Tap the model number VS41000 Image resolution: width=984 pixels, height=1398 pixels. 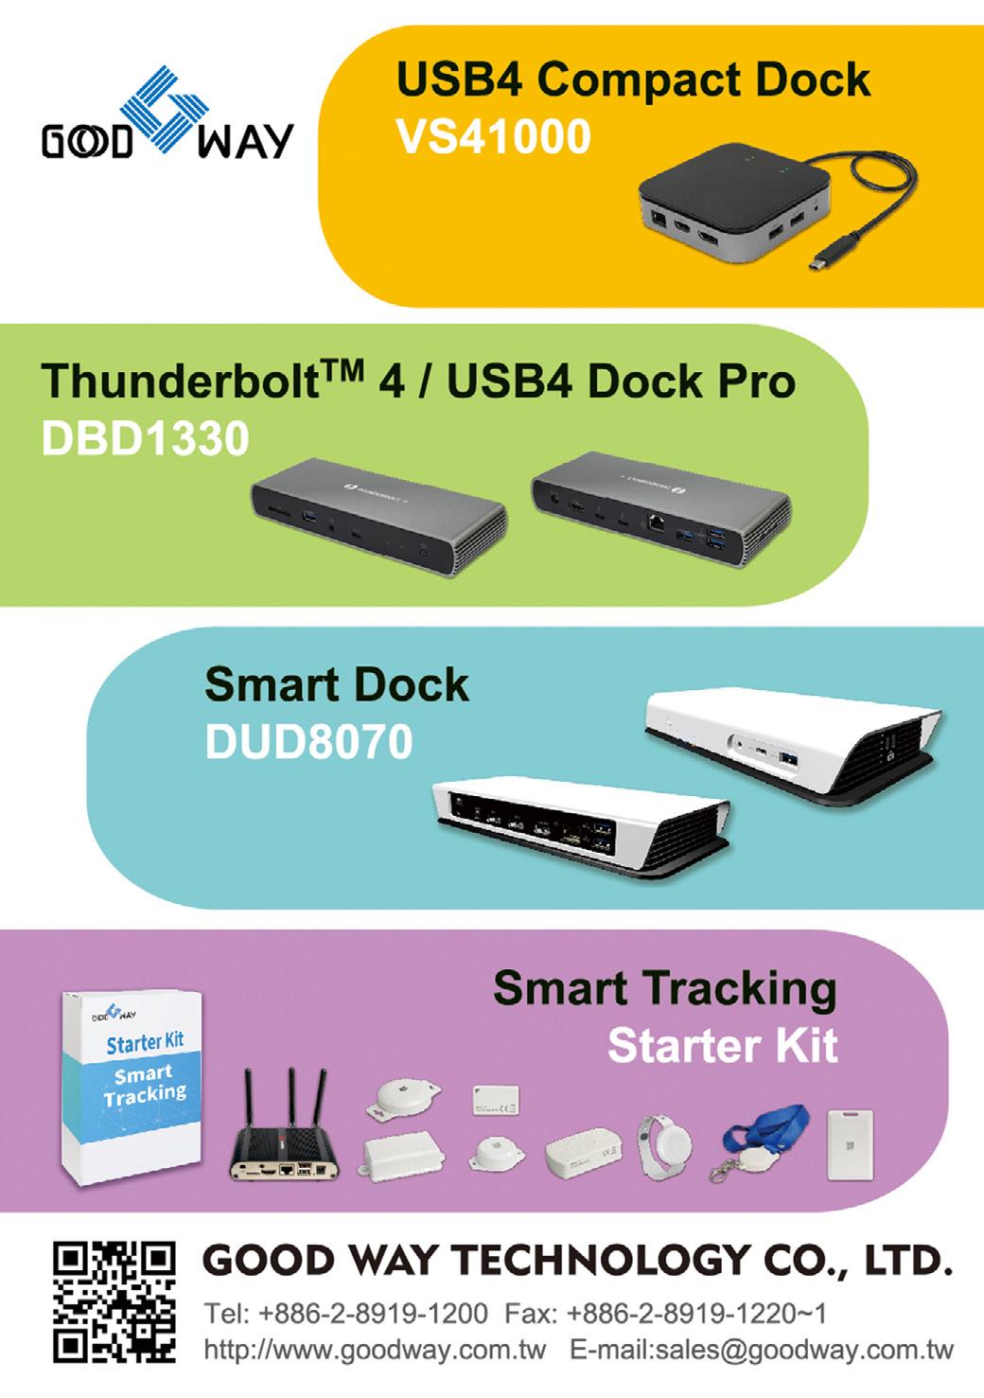493,137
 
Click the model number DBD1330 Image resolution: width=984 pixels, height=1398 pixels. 145,437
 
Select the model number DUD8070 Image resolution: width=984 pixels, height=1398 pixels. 308,742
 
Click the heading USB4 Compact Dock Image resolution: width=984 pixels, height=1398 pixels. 633,80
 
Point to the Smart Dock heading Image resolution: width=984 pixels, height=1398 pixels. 336,685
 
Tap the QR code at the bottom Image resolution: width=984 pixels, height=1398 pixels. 114,1301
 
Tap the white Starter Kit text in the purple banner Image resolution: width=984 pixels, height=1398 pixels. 722,1046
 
